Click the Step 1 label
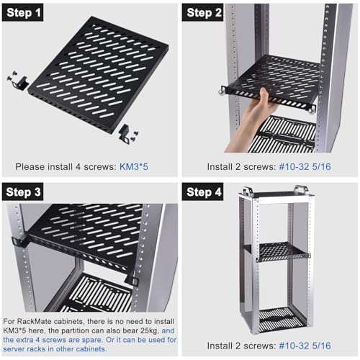pos(23,12)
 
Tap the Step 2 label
pos(203,12)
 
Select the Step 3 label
pos(23,192)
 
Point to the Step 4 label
pos(203,192)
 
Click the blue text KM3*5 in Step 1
pos(134,166)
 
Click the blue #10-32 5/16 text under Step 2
pos(305,166)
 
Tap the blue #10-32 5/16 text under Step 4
pos(305,346)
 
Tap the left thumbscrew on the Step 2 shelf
pos(222,92)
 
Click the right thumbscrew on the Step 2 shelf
pos(312,111)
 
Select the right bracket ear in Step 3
pos(132,280)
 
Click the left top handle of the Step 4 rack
pos(247,191)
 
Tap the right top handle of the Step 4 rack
pos(302,189)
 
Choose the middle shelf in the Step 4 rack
pos(282,252)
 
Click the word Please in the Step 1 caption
pos(30,166)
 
